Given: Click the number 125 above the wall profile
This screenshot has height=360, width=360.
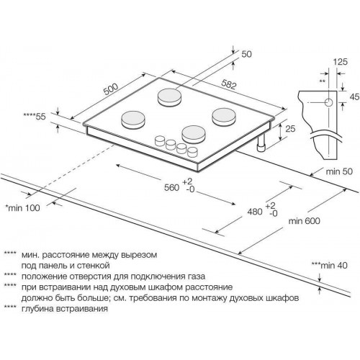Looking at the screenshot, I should [x=332, y=63].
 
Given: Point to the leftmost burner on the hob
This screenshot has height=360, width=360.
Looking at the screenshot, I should [x=134, y=118].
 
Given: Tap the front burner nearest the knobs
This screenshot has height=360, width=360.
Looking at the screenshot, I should [x=194, y=132].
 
